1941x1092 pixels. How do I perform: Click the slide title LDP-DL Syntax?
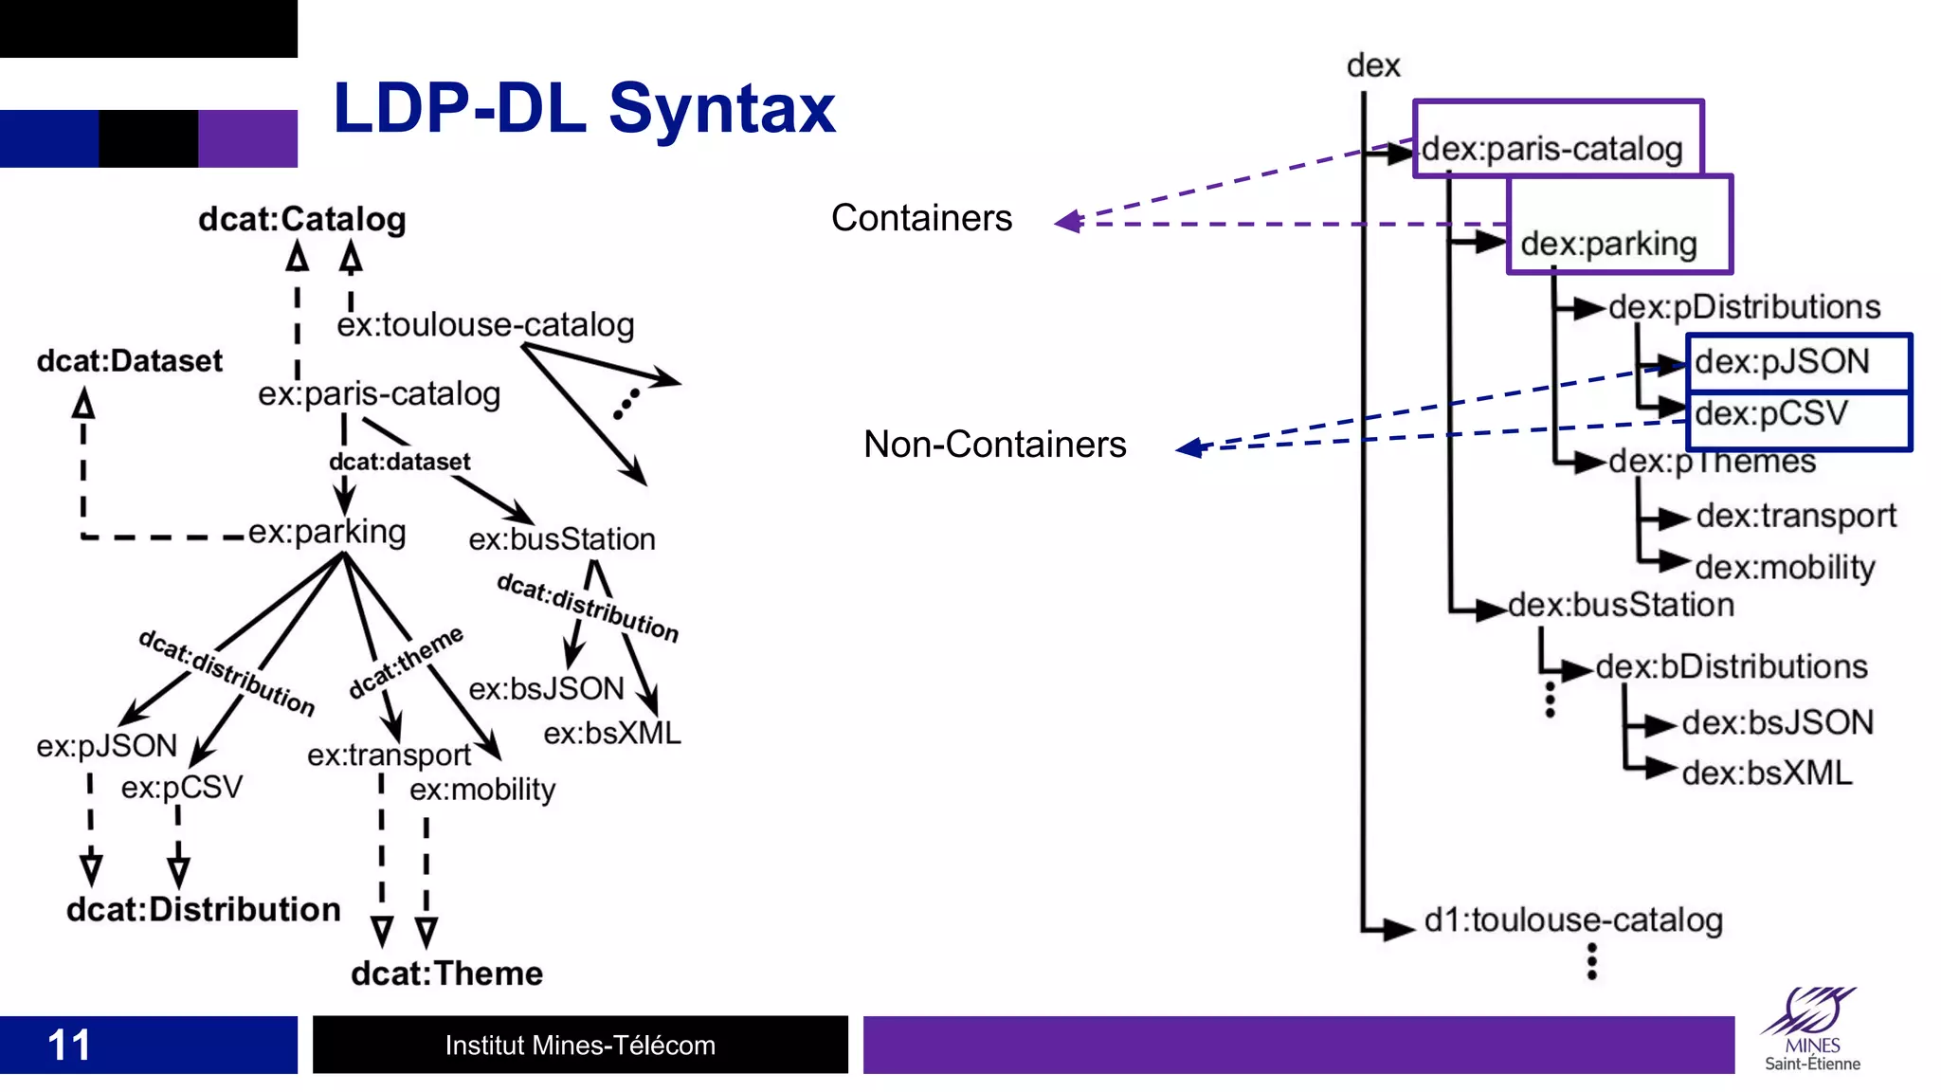click(x=584, y=109)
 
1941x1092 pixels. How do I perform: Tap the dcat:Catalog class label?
click(x=301, y=219)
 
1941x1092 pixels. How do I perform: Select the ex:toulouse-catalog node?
click(x=485, y=325)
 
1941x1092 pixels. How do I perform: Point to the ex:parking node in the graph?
click(x=327, y=532)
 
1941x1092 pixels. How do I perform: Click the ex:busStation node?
click(x=561, y=539)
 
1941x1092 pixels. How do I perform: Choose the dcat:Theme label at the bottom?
click(x=446, y=974)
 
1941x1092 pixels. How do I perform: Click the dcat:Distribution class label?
click(x=203, y=910)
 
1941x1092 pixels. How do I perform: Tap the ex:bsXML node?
click(x=611, y=733)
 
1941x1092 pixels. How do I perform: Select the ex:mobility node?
click(x=481, y=789)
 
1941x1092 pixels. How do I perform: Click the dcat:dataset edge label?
click(x=399, y=462)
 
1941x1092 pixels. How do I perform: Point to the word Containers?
click(x=921, y=218)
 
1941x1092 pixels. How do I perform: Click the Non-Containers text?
click(x=994, y=445)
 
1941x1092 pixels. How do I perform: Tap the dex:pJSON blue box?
click(x=1798, y=362)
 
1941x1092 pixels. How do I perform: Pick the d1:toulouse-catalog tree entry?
click(x=1572, y=919)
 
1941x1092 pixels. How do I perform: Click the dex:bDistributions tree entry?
click(x=1731, y=666)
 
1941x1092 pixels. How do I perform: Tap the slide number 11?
click(x=69, y=1046)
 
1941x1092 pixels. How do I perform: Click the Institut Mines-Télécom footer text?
click(x=580, y=1046)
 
